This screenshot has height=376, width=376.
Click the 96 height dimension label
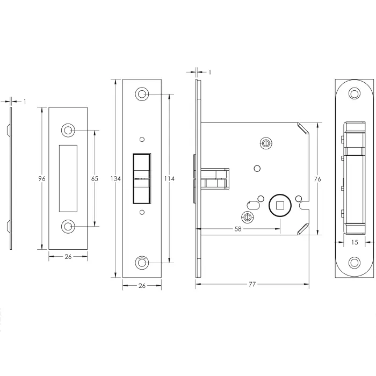pos(42,179)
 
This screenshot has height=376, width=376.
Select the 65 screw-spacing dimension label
pos(95,179)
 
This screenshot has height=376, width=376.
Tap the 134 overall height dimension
pos(115,179)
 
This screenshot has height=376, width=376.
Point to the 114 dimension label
pos(169,179)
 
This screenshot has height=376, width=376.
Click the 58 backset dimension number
pos(237,229)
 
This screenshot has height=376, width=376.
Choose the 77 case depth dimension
pos(252,284)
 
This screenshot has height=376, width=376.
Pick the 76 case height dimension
pos(317,179)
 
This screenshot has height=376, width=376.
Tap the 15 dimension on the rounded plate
pos(355,242)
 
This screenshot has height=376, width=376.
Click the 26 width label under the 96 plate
pos(68,257)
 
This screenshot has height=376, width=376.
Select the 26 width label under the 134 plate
pos(142,286)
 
